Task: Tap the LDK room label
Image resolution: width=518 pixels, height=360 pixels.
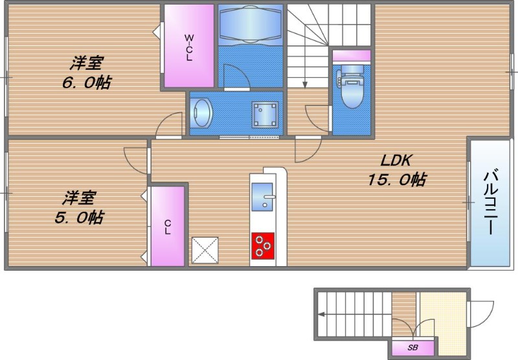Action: coord(396,161)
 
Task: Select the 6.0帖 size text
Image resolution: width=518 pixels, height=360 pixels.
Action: coord(87,82)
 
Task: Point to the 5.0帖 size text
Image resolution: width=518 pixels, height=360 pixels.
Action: coord(79,218)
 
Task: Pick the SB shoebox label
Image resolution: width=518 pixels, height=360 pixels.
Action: coord(412,348)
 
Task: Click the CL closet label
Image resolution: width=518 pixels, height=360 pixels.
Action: coord(168,227)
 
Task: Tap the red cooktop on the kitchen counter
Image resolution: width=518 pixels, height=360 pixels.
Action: coord(263,246)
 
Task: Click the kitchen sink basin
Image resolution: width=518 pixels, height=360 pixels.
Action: coord(262,197)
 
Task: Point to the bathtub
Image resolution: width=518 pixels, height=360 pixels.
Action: coord(251,24)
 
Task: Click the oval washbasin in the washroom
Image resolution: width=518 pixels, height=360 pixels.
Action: coord(202,113)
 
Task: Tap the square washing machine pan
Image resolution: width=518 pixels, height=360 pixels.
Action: coord(265,114)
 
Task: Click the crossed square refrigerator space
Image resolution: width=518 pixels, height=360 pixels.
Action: coord(205,250)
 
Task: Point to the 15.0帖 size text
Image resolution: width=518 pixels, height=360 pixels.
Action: coord(397,179)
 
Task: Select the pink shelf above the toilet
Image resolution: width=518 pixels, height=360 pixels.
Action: coord(352,56)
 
